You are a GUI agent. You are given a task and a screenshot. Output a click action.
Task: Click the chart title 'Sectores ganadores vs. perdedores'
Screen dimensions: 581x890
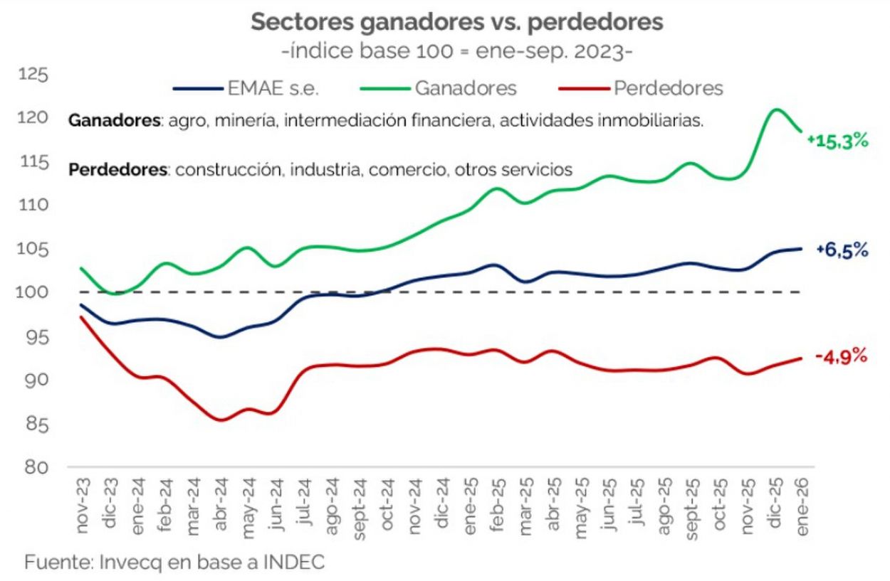[x=456, y=22]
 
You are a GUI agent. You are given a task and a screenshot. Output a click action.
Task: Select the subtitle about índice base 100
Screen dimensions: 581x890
[x=456, y=53]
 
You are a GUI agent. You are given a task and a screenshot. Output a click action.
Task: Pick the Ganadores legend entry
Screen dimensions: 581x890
[x=464, y=88]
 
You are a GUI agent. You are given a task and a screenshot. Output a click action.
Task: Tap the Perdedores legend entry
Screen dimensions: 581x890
[x=667, y=88]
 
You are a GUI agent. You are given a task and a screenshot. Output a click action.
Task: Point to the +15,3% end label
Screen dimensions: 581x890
[x=838, y=141]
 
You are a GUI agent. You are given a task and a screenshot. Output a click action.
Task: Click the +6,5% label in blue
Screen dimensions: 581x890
[x=842, y=250]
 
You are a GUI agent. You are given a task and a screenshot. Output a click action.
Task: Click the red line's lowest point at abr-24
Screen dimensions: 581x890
[x=221, y=420]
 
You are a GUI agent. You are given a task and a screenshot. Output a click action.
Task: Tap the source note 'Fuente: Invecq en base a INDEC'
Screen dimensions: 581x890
[x=175, y=562]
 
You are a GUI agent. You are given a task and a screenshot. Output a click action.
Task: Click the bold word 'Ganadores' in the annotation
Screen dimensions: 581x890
[x=114, y=121]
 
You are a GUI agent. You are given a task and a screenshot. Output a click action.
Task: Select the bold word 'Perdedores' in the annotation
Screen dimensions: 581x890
[x=117, y=170]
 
